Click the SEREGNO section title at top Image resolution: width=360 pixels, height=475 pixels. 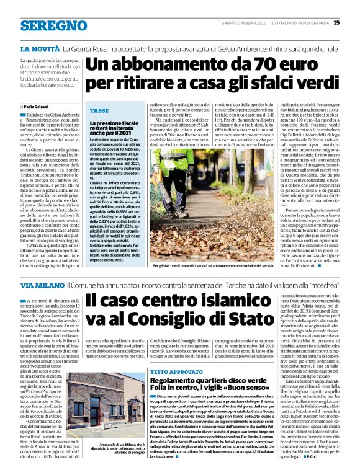point(53,25)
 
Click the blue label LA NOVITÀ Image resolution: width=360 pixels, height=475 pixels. point(40,48)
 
